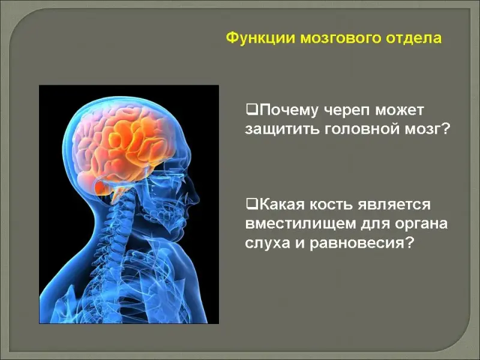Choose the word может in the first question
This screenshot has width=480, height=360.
pyautogui.click(x=399, y=110)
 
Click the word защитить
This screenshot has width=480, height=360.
pyautogui.click(x=281, y=130)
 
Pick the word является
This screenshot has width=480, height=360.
pyautogui.click(x=394, y=205)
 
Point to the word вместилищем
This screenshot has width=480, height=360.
pyautogui.click(x=301, y=224)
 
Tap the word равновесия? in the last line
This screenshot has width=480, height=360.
pyautogui.click(x=362, y=244)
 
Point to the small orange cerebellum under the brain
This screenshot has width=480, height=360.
pyautogui.click(x=103, y=187)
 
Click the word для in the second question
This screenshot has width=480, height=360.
pyautogui.click(x=375, y=224)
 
